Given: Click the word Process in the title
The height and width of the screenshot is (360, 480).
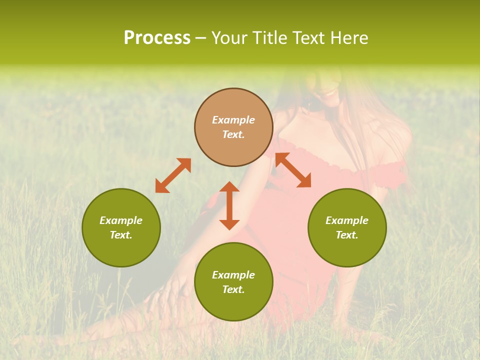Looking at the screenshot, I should point(157,38).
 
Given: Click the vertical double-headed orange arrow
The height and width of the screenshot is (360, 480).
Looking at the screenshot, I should point(229,205).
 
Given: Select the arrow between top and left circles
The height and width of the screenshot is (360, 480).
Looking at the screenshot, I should point(173,175).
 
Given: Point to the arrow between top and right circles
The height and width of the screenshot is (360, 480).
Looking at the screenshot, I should point(293,170).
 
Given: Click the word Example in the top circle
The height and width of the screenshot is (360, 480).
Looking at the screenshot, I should point(233,120).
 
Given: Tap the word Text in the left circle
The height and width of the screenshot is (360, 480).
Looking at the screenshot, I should point(121,235).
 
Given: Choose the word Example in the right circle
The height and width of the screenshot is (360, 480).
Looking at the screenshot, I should point(347,220).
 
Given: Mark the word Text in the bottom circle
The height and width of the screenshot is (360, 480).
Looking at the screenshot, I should point(233,289).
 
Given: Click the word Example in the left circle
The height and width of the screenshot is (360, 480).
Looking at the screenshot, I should point(121,220).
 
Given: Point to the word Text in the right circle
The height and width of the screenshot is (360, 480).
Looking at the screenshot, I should point(347,235).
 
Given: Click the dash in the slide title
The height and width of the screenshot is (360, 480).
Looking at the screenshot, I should point(200,38).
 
